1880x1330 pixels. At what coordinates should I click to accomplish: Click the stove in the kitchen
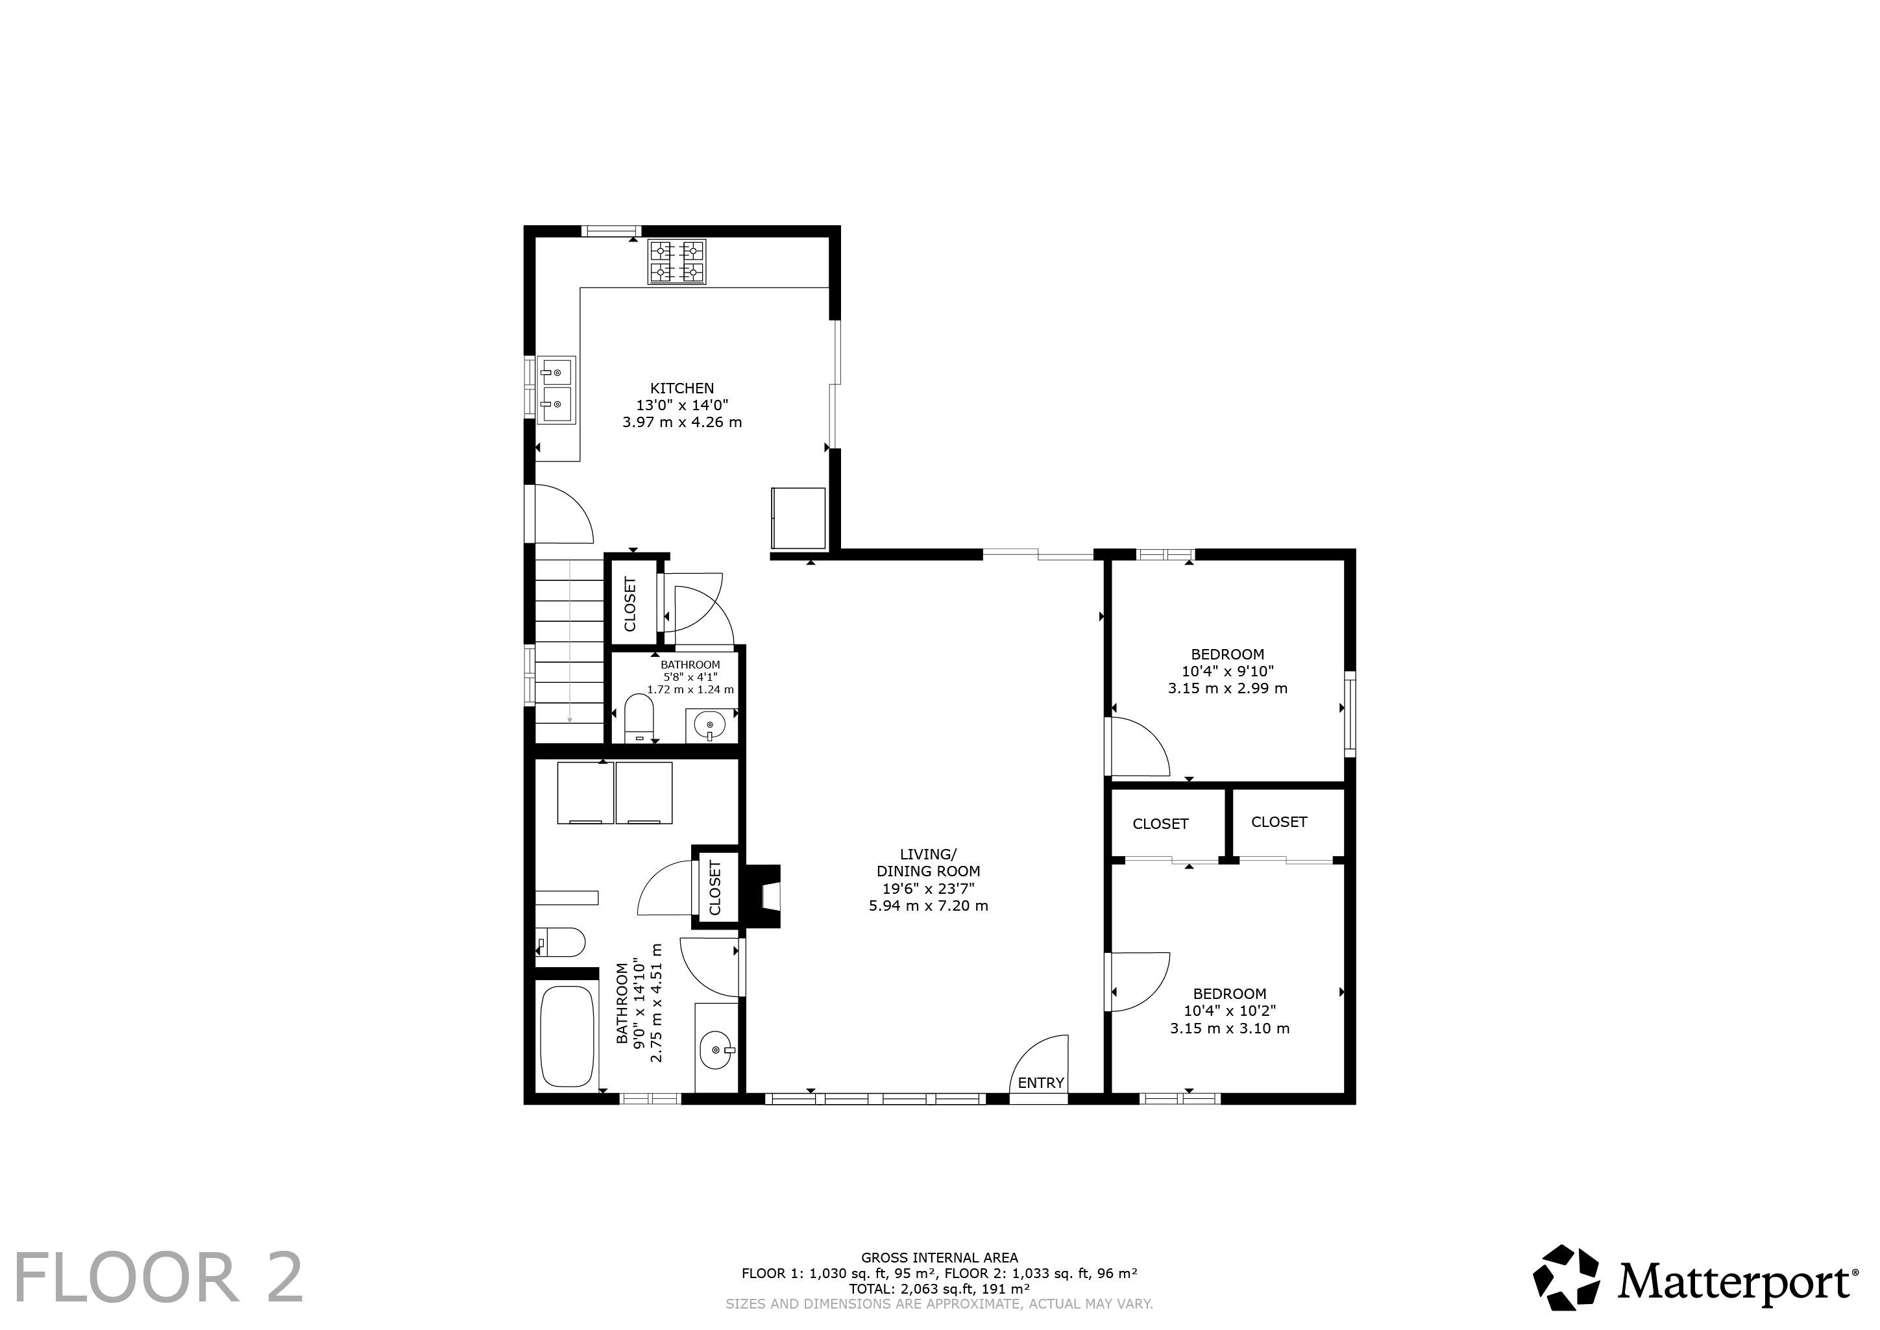click(677, 262)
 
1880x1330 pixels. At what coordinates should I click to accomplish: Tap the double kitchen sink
click(556, 389)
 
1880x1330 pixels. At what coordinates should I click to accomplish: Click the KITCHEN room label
click(682, 388)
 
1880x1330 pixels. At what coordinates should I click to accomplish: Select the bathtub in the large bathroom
click(567, 1037)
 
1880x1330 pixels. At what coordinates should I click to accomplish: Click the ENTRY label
click(1041, 1083)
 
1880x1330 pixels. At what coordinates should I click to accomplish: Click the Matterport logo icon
click(1567, 1283)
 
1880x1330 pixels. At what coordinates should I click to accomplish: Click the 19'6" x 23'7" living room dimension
click(928, 889)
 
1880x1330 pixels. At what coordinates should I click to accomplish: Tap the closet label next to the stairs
click(629, 604)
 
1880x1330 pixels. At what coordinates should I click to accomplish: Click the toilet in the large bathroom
click(560, 942)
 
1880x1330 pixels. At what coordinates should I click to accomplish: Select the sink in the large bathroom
click(716, 1049)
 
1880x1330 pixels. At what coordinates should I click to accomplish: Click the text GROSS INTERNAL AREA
click(939, 1258)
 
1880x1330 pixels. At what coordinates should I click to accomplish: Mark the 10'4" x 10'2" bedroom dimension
click(1229, 1011)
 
